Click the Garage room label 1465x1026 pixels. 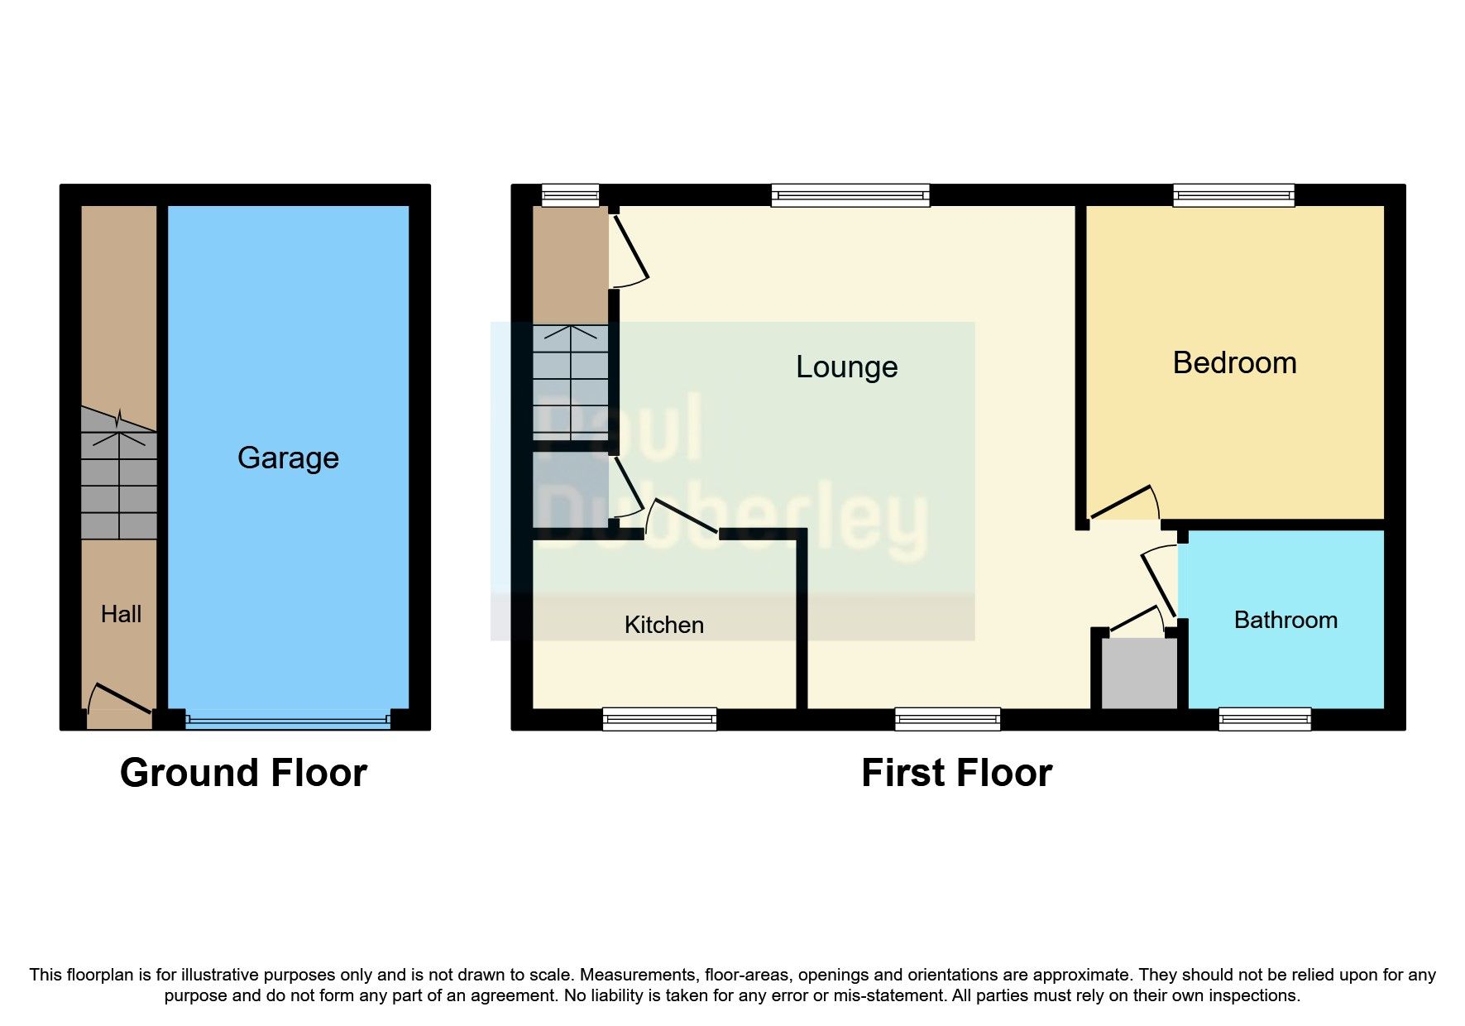point(288,458)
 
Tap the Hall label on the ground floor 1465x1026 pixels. point(121,614)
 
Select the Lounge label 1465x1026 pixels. point(846,367)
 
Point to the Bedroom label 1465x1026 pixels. point(1234,362)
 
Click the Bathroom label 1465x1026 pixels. point(1285,620)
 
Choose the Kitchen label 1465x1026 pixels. point(663,625)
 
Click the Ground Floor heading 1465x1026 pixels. point(243,773)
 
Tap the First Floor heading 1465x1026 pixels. point(956,773)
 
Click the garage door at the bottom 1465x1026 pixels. point(288,720)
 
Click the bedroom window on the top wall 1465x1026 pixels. point(1233,195)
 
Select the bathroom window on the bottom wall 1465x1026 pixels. point(1264,719)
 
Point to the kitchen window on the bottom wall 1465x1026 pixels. point(659,719)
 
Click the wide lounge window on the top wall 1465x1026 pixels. point(850,195)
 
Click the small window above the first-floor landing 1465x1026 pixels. point(570,195)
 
